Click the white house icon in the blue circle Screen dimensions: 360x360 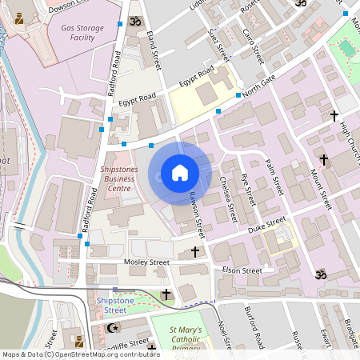pyautogui.click(x=180, y=173)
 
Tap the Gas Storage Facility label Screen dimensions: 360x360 pyautogui.click(x=83, y=32)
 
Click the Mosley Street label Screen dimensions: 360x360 pyautogui.click(x=147, y=262)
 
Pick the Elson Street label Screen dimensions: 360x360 pyautogui.click(x=242, y=271)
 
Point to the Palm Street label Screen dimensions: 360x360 pyautogui.click(x=274, y=177)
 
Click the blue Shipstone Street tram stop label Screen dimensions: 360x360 pyautogui.click(x=110, y=304)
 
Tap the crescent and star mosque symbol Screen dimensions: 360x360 pyautogui.click(x=112, y=327)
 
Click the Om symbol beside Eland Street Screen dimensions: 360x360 pyautogui.click(x=133, y=19)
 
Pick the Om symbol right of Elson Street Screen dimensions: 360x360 pyautogui.click(x=322, y=274)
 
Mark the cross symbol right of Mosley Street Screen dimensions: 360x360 pyautogui.click(x=195, y=253)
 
